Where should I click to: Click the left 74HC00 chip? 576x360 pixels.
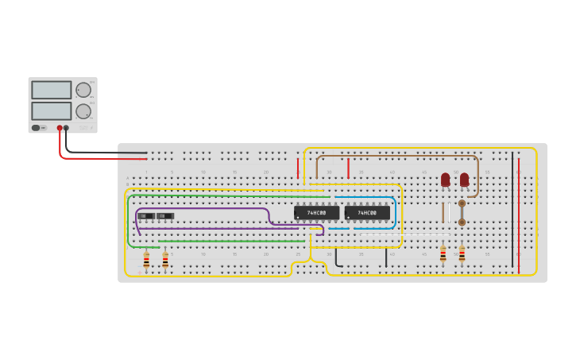(316, 213)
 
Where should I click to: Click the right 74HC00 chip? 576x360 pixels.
(367, 213)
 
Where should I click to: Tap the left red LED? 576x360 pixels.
(445, 180)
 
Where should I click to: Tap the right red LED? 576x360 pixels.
(464, 180)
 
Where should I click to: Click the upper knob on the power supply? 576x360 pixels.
(83, 90)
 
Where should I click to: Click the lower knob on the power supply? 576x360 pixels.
(83, 110)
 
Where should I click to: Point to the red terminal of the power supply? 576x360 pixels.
(60, 128)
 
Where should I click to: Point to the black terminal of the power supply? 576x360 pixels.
(66, 128)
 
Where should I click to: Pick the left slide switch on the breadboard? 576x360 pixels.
(146, 216)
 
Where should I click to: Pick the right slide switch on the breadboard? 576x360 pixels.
(165, 216)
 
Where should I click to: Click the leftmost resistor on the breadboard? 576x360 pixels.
(146, 259)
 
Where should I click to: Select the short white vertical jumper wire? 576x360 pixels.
(449, 213)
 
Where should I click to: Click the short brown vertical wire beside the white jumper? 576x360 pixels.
(443, 213)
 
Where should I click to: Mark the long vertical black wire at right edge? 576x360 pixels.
(512, 211)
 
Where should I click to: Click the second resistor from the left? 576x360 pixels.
(165, 259)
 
